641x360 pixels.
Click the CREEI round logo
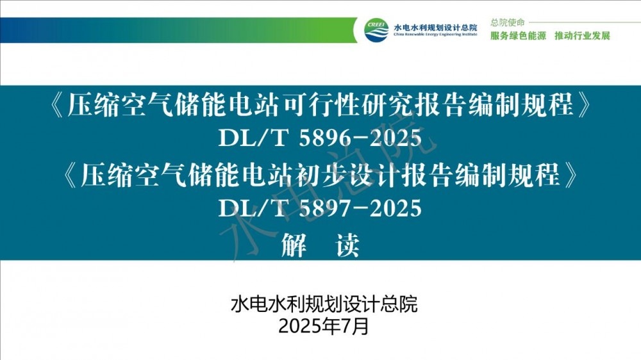pos(376,30)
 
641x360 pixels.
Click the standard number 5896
pos(325,138)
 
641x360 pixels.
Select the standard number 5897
pos(325,208)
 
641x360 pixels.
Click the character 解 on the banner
pos(294,245)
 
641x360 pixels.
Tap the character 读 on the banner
pos(347,245)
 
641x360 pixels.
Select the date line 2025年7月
pos(323,326)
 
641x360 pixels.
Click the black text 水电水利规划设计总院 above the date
pos(324,304)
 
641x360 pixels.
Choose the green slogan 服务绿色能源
pos(518,35)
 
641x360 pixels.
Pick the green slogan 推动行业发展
pos(582,35)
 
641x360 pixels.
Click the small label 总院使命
pos(507,22)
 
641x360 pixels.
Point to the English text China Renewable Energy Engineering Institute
pos(435,35)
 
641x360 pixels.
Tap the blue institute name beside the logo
pos(435,28)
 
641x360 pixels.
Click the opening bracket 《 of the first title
pos(57,105)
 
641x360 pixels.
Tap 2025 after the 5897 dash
pos(395,208)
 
